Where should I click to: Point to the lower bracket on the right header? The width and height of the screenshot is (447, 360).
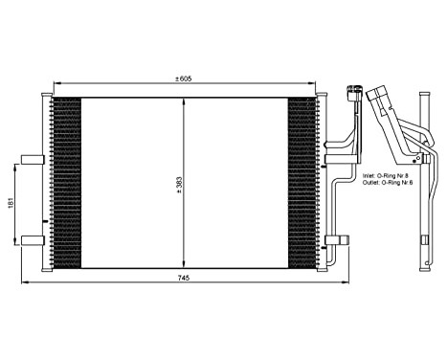click(333, 239)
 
